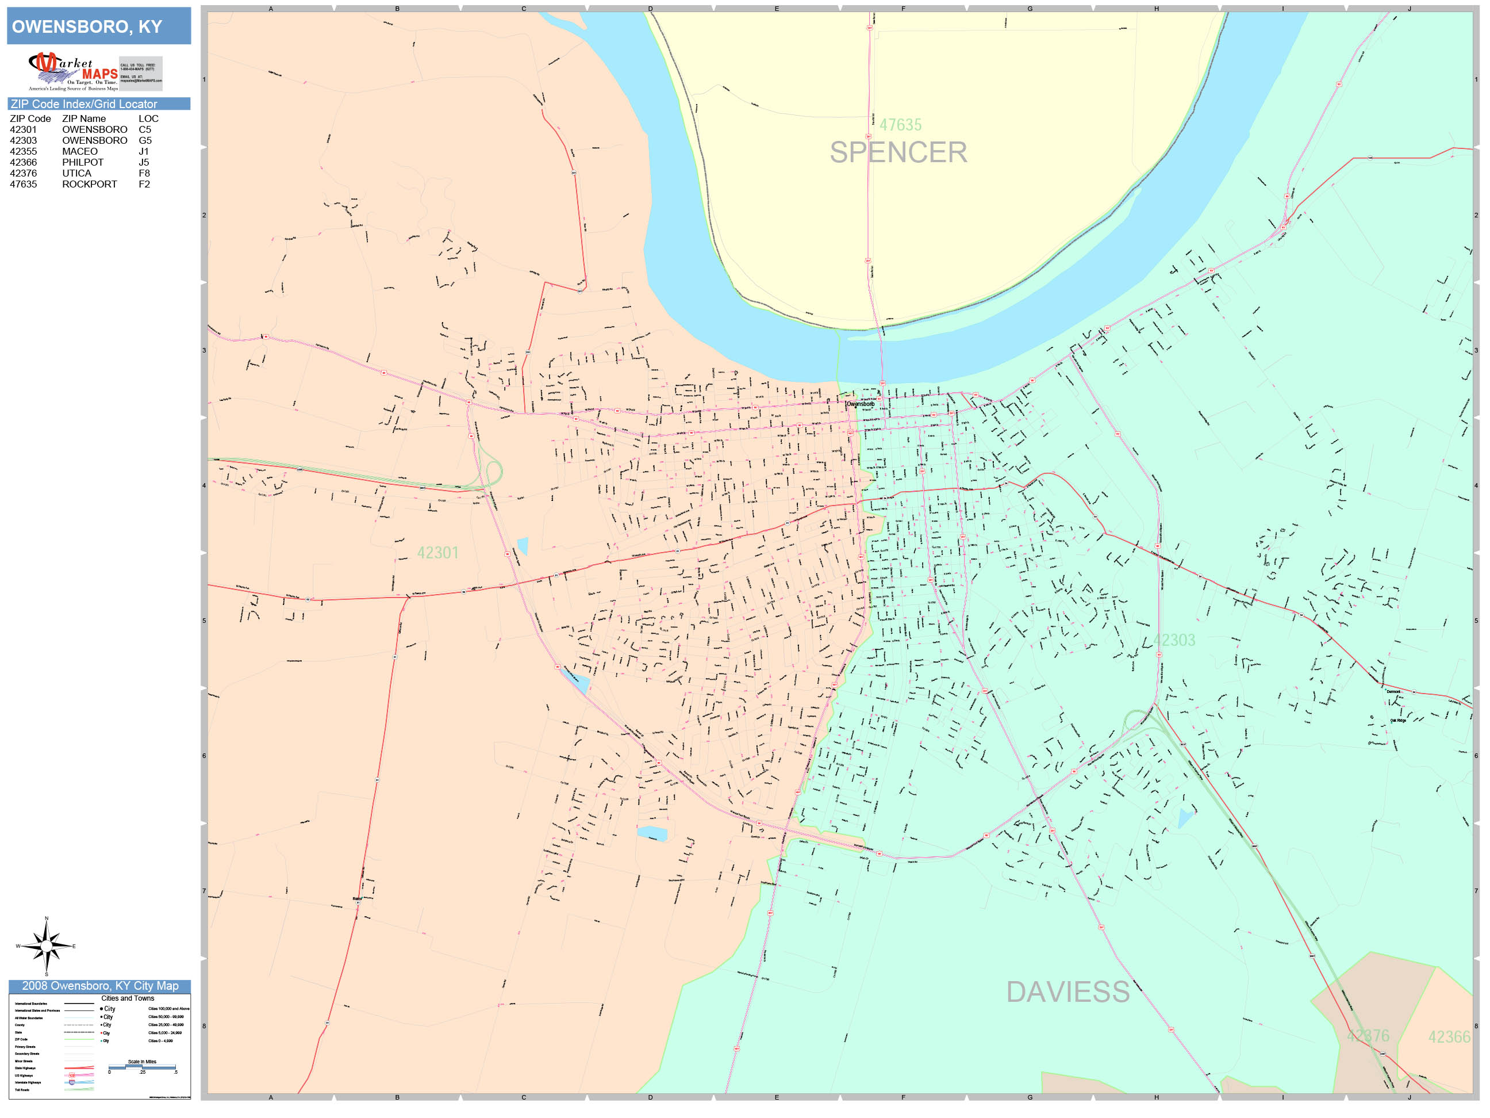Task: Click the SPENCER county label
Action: coord(898,152)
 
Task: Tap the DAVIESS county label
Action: coord(1067,992)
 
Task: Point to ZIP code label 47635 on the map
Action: coord(900,125)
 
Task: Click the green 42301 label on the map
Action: coord(438,553)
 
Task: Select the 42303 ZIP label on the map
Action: coord(1173,640)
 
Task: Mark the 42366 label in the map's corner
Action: coord(1449,1037)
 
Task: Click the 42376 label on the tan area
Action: coord(1368,1036)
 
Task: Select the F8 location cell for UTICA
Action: coord(144,173)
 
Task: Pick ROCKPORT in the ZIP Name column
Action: coord(90,184)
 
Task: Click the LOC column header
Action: coord(148,118)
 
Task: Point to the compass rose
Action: coord(46,946)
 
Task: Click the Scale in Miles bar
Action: coord(141,1067)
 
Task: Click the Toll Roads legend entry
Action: coord(22,1090)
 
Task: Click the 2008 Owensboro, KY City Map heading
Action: coord(99,986)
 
